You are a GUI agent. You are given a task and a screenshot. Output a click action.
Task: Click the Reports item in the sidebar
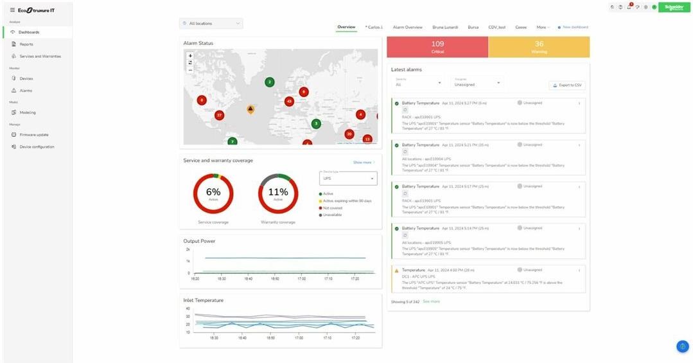click(26, 44)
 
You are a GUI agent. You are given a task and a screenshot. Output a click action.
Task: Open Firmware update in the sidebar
click(33, 135)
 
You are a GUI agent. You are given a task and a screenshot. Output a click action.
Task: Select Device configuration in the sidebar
click(37, 147)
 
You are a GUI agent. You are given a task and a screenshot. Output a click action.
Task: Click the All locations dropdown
click(211, 24)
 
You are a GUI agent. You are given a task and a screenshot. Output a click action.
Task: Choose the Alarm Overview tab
click(407, 28)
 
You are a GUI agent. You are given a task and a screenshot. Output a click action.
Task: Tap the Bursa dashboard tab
click(473, 28)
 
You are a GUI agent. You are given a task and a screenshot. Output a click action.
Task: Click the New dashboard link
click(574, 27)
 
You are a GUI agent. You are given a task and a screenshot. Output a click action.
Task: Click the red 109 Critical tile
click(437, 47)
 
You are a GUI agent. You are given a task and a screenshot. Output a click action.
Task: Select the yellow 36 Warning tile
click(539, 47)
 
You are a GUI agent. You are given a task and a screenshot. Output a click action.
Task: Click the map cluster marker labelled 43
click(289, 102)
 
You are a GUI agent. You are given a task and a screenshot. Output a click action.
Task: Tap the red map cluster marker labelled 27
click(219, 116)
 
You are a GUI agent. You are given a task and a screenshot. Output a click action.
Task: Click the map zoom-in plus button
click(190, 56)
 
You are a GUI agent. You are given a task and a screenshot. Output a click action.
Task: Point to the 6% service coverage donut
click(213, 193)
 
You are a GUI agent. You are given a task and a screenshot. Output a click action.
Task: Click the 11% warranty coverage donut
click(278, 193)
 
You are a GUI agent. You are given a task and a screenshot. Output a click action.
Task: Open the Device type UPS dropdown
click(348, 179)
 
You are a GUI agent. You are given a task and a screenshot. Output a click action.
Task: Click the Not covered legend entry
click(333, 208)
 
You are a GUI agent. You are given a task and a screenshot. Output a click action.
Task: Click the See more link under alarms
click(431, 301)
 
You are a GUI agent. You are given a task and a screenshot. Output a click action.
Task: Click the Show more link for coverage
click(364, 163)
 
